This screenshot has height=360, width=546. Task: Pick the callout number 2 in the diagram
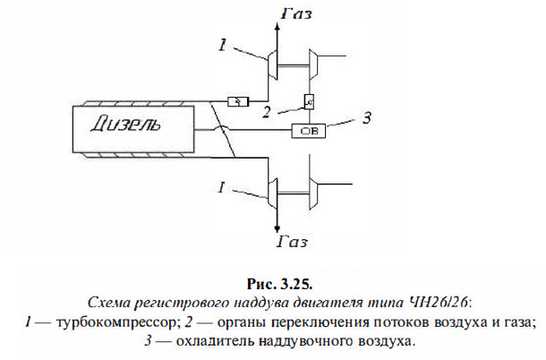[x=266, y=113]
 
